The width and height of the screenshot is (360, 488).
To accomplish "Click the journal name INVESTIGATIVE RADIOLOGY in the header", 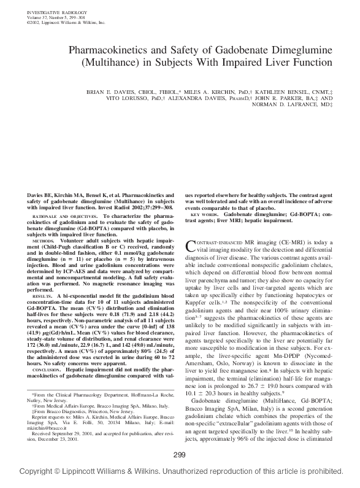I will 50,12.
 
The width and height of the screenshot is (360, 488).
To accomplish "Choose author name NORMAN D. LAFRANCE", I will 272,104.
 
